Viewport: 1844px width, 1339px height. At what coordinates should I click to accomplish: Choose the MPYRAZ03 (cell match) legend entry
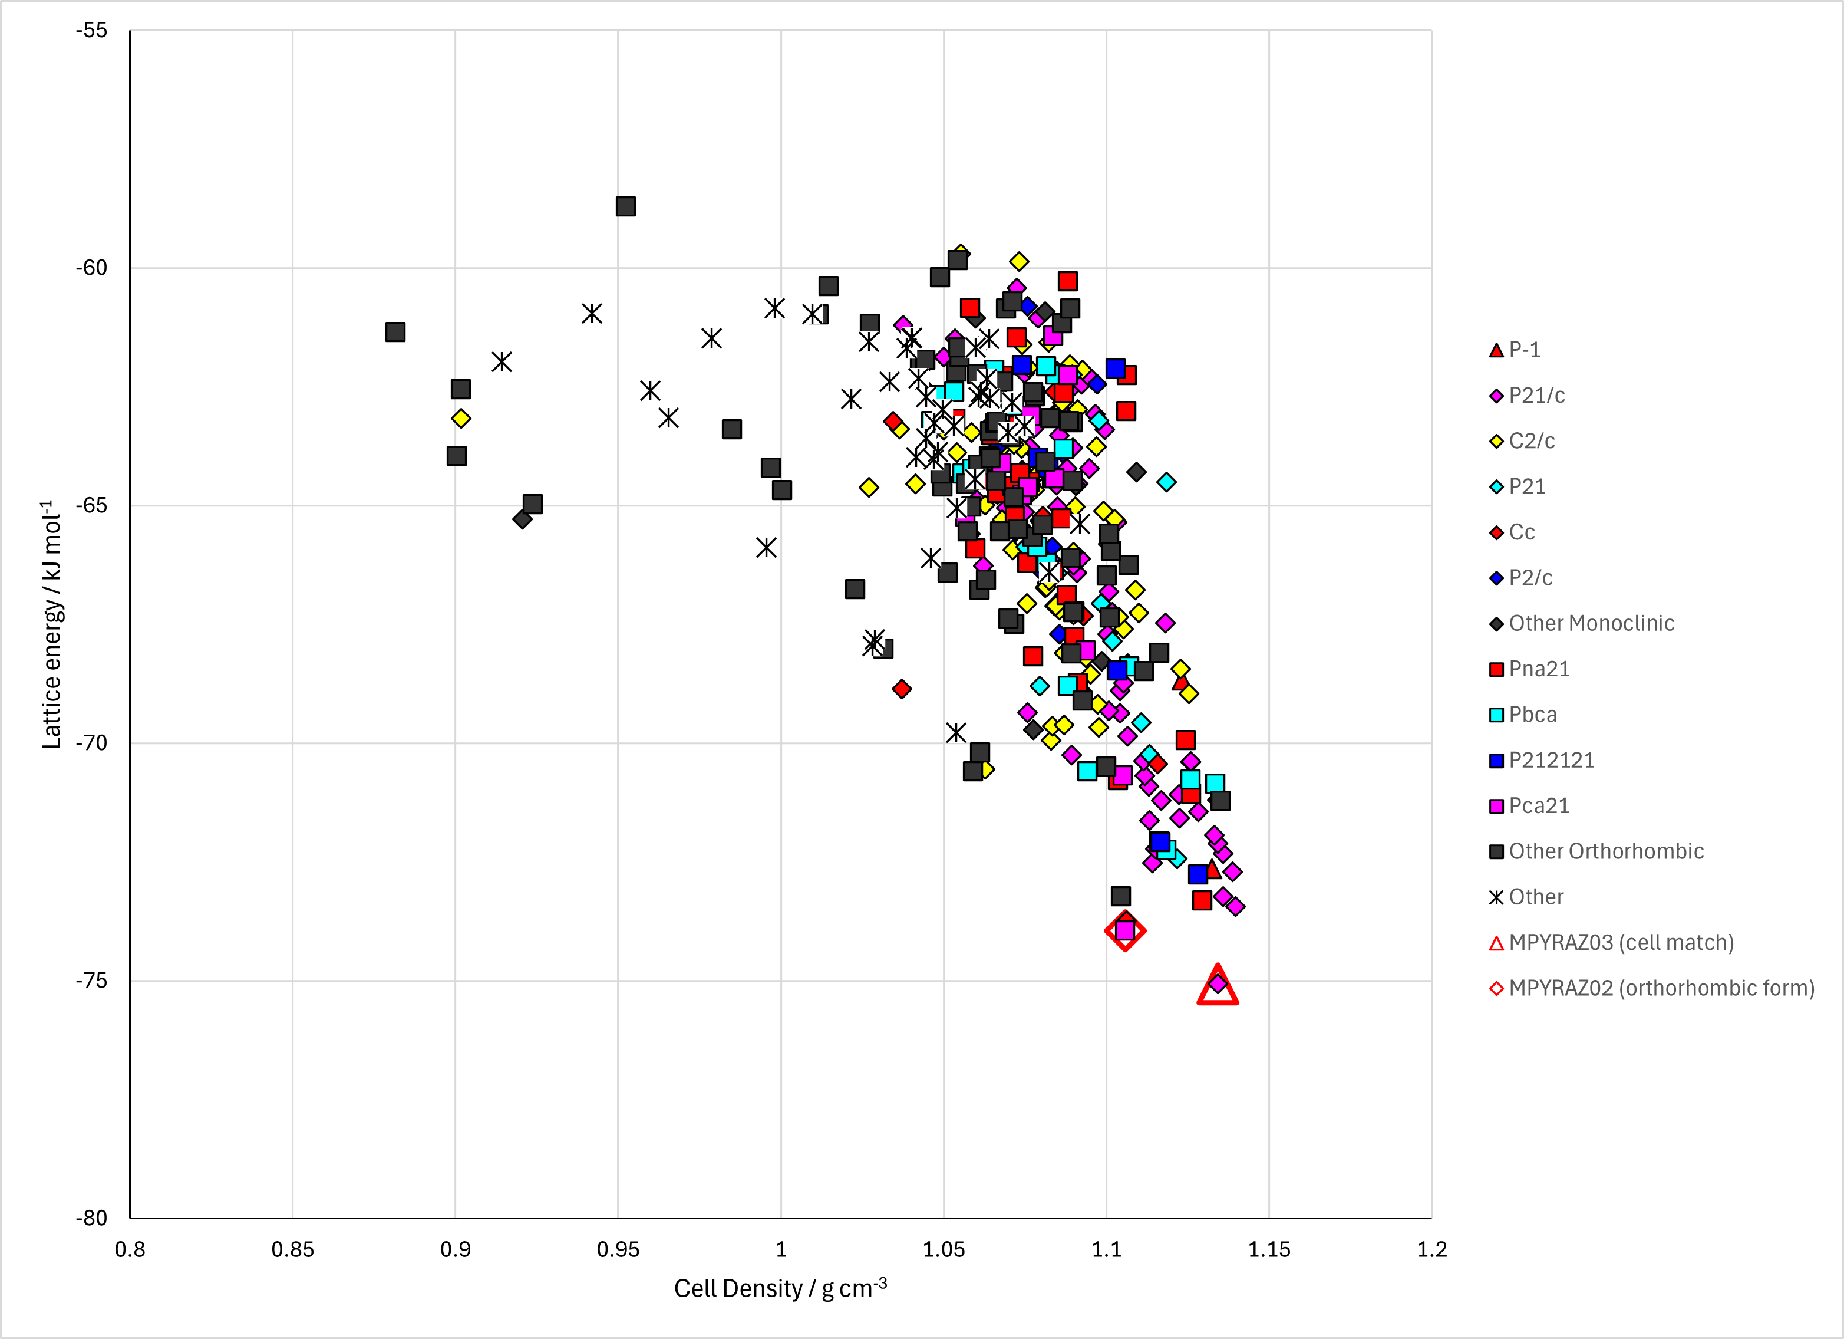pos(1611,942)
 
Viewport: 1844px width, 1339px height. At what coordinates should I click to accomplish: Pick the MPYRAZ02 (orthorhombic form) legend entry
pos(1651,988)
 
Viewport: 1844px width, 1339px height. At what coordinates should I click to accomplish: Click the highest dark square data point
pos(625,206)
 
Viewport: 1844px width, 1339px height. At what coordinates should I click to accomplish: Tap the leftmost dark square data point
pos(395,332)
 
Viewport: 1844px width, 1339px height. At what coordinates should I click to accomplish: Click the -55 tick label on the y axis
pos(91,30)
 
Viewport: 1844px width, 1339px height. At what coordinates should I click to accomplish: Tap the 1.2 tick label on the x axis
pos(1432,1249)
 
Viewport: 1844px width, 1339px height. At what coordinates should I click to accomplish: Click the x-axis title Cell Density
pos(737,1288)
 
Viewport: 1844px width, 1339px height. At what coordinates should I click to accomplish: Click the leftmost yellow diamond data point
pos(461,418)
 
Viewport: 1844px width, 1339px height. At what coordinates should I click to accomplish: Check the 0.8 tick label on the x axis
pos(130,1249)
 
